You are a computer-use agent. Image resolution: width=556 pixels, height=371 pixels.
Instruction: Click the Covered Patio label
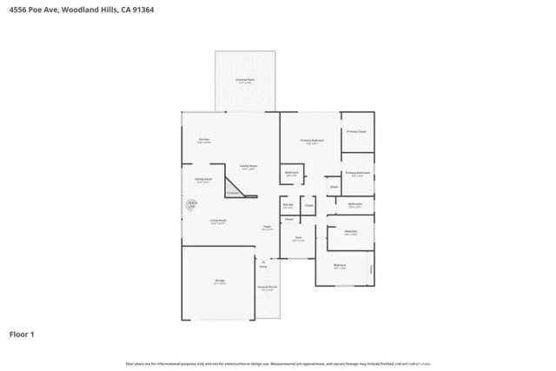pyautogui.click(x=245, y=81)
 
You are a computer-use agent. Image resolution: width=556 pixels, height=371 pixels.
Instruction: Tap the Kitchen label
pyautogui.click(x=203, y=140)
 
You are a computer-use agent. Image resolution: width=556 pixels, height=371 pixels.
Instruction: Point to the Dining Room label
pyautogui.click(x=203, y=179)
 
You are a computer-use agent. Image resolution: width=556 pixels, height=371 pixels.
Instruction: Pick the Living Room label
pyautogui.click(x=217, y=222)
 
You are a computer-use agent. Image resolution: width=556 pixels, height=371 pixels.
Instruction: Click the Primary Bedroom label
pyautogui.click(x=312, y=141)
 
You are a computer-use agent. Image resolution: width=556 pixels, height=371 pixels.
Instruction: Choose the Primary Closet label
pyautogui.click(x=356, y=131)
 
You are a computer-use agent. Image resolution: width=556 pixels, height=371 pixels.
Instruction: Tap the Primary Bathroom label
pyautogui.click(x=357, y=173)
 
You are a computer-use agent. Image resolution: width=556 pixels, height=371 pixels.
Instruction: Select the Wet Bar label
pyautogui.click(x=288, y=205)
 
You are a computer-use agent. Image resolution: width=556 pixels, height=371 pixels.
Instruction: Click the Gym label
pyautogui.click(x=298, y=237)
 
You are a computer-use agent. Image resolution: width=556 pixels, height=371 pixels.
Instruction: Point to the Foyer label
pyautogui.click(x=268, y=228)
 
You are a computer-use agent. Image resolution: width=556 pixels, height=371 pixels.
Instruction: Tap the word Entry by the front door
pyautogui.click(x=263, y=268)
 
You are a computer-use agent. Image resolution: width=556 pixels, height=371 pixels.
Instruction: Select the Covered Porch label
pyautogui.click(x=267, y=287)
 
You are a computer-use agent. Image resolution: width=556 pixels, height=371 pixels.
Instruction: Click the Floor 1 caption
pyautogui.click(x=22, y=333)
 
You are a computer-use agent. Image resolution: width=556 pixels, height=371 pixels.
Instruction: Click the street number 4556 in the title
pyautogui.click(x=17, y=10)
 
